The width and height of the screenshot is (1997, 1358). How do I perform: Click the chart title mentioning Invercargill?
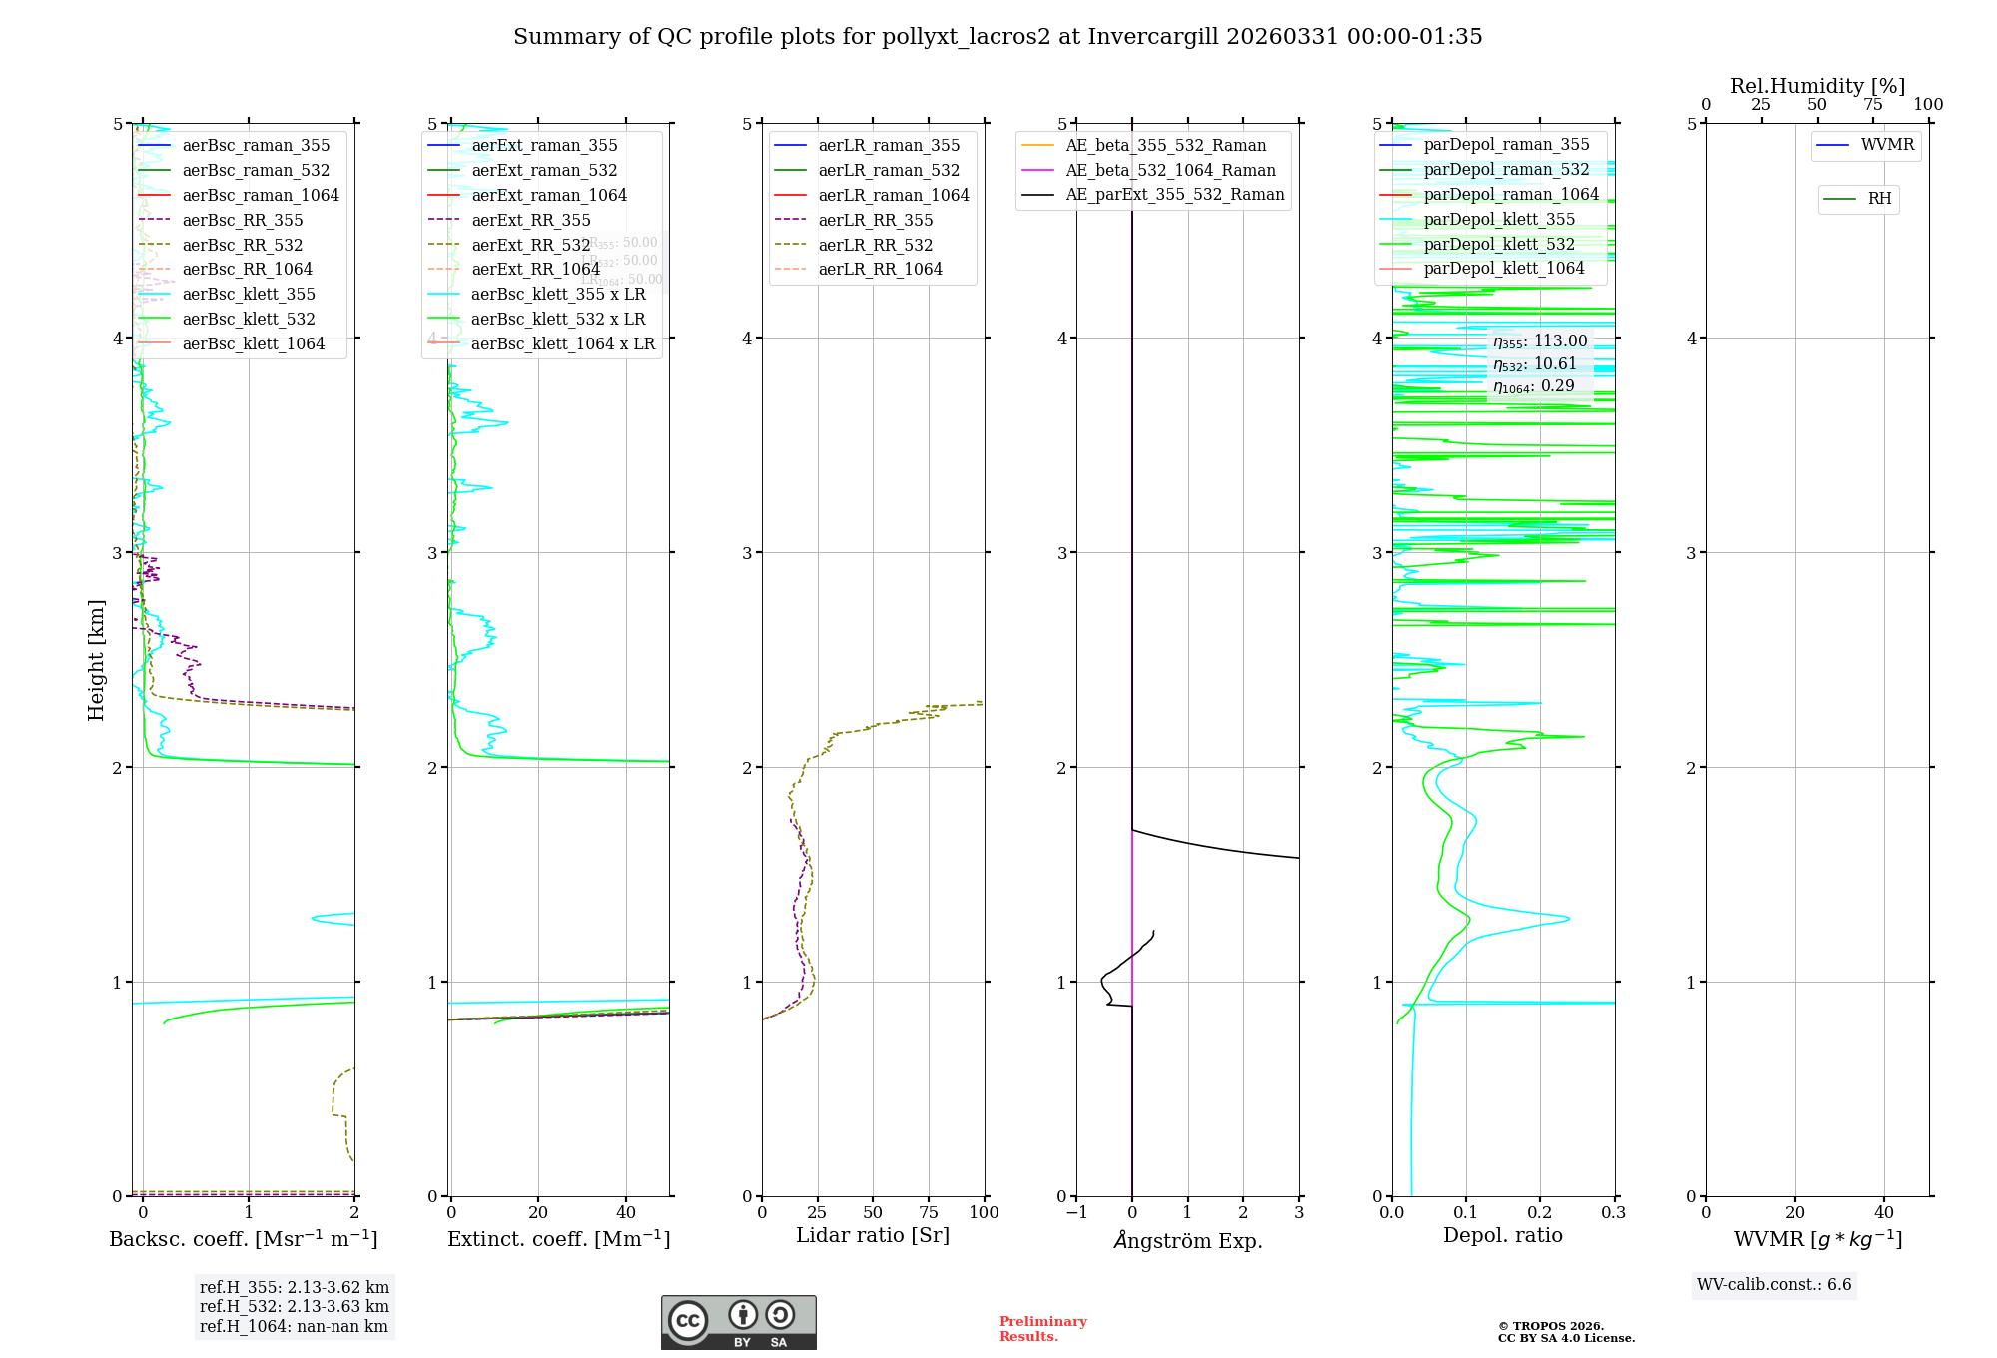click(x=998, y=37)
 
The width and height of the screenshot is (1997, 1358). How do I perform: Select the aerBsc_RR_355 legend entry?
click(x=242, y=220)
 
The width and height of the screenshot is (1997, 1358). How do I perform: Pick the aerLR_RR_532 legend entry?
click(x=875, y=245)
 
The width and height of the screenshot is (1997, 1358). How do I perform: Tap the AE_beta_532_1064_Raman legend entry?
click(x=1170, y=170)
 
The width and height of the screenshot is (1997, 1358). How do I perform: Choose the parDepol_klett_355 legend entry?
click(x=1499, y=219)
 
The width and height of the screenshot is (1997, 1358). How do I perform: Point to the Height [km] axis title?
click(x=96, y=660)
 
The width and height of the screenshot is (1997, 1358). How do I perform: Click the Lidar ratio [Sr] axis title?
click(x=873, y=1235)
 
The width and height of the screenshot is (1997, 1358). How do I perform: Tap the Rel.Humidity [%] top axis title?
click(x=1817, y=86)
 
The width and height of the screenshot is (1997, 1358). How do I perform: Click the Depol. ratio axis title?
click(x=1503, y=1235)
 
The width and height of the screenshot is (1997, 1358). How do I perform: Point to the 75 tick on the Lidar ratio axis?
click(x=929, y=1212)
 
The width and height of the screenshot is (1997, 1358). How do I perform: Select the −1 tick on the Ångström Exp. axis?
click(x=1076, y=1212)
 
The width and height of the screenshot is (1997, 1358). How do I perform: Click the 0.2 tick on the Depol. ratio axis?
click(x=1540, y=1212)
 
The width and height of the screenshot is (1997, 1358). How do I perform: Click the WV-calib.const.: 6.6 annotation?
click(x=1774, y=1285)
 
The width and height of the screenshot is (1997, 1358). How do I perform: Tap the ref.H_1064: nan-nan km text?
click(x=294, y=1326)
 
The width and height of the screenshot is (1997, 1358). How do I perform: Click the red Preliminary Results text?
click(x=1042, y=1329)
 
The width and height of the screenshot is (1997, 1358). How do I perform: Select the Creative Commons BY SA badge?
click(x=738, y=1323)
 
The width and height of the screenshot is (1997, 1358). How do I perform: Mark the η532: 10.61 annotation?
click(x=1535, y=364)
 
